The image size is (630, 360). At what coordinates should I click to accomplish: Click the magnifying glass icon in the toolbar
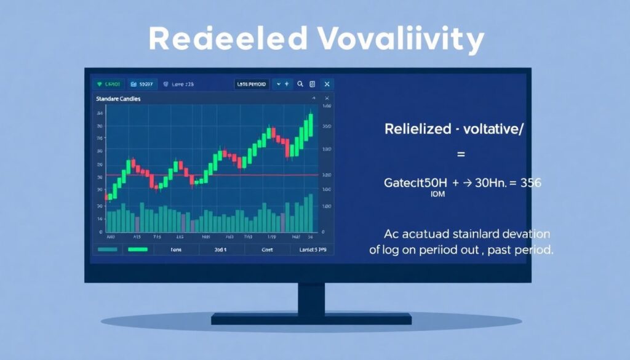click(x=300, y=84)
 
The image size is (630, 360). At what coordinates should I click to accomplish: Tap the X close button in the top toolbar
click(x=327, y=84)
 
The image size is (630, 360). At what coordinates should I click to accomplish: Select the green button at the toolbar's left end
click(x=108, y=84)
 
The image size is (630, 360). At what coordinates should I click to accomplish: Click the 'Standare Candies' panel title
click(x=118, y=98)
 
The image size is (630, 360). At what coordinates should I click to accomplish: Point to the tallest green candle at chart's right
click(x=311, y=125)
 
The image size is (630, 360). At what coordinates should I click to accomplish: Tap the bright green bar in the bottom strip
click(x=138, y=249)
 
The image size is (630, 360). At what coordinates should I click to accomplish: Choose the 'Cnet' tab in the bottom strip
click(x=266, y=250)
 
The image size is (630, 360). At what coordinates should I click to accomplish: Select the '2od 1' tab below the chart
click(x=220, y=250)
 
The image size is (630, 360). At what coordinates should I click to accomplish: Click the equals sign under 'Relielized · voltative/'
click(x=461, y=154)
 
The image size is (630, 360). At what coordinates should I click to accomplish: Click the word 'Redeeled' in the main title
click(x=228, y=39)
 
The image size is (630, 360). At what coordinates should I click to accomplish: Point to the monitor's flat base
click(x=311, y=319)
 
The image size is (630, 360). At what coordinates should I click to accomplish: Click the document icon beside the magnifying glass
click(x=313, y=84)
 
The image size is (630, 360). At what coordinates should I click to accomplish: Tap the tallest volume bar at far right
click(x=310, y=213)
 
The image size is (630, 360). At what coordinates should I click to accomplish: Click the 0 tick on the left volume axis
click(x=100, y=233)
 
